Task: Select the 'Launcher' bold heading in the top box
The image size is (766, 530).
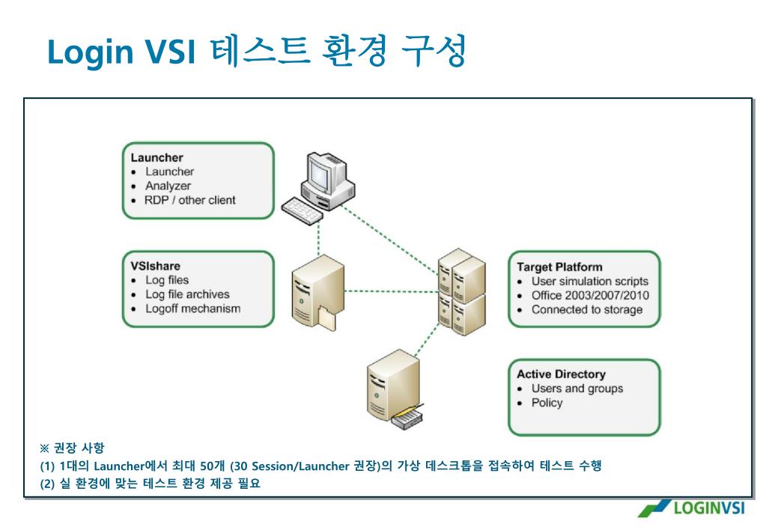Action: coord(157,157)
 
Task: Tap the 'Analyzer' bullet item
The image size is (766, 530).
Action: coord(168,186)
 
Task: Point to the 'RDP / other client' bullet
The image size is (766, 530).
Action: coord(190,200)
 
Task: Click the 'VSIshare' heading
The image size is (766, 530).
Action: coord(156,266)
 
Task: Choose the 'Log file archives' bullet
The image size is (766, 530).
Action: coord(187,294)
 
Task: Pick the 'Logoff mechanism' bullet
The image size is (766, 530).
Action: coord(192,308)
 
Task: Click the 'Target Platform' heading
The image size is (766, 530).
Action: coord(559,266)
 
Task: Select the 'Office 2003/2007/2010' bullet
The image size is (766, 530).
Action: coord(590,295)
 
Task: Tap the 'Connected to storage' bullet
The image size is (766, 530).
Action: coord(586,309)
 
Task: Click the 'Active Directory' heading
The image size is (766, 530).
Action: coord(561,374)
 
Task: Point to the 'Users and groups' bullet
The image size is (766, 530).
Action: coord(577,389)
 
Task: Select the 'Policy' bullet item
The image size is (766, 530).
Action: coord(547,403)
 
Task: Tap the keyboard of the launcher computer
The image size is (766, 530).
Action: coord(302,211)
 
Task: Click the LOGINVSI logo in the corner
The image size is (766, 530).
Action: coord(690,508)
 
